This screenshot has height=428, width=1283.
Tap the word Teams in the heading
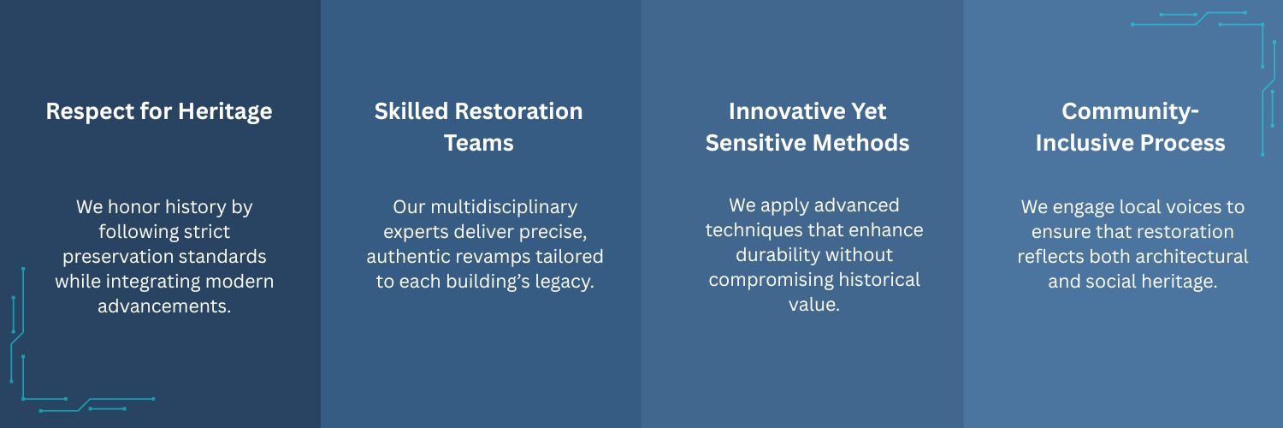[479, 143]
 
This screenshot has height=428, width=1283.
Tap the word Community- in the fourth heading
[1130, 111]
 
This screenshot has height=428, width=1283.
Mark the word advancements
[164, 306]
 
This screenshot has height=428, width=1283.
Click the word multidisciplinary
[504, 207]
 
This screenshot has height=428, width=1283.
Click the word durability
[772, 254]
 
